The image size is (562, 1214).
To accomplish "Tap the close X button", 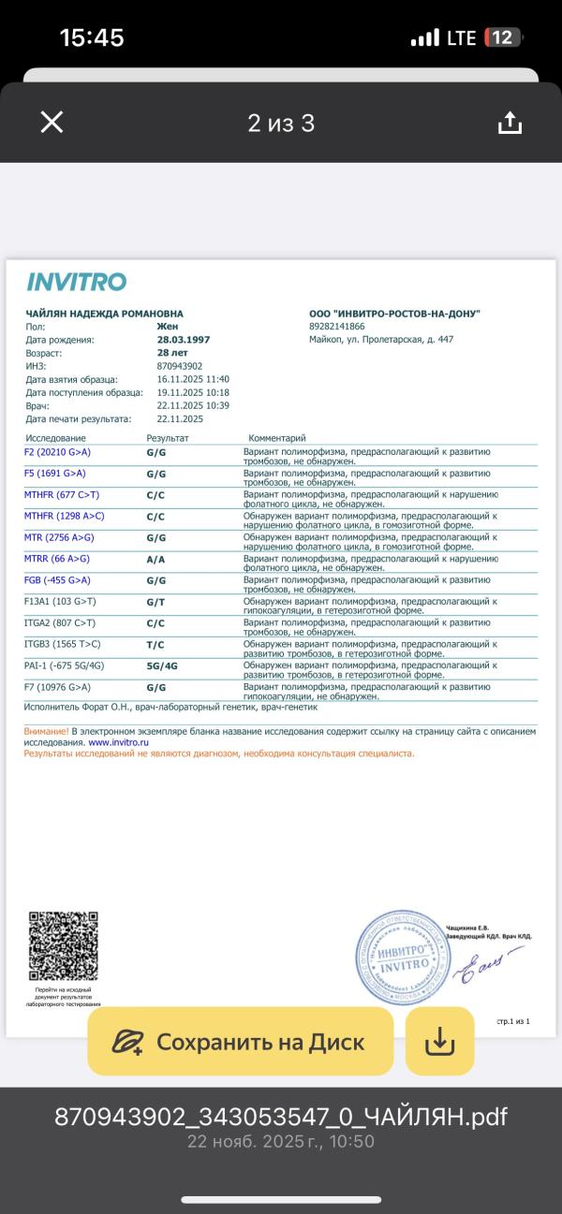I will click(x=52, y=123).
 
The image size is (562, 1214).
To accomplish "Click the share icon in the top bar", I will click(x=509, y=123).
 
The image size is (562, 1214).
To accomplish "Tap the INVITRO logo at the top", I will click(x=76, y=282).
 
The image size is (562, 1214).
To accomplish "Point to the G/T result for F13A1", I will click(x=155, y=602).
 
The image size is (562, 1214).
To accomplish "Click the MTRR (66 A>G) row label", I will click(x=57, y=559).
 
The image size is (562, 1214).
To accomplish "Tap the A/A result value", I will click(x=155, y=559).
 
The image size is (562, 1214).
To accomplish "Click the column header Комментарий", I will click(x=277, y=438).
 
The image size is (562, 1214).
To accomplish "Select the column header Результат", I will click(x=168, y=438).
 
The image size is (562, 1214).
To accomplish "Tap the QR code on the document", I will click(x=64, y=946).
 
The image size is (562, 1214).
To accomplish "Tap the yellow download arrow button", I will click(x=439, y=1041).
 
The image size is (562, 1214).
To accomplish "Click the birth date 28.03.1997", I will click(x=183, y=340).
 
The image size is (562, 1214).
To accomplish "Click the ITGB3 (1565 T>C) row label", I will click(x=63, y=645).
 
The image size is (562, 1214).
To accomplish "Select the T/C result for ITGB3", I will click(x=155, y=645).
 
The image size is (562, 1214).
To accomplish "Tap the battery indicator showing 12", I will click(x=502, y=37).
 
